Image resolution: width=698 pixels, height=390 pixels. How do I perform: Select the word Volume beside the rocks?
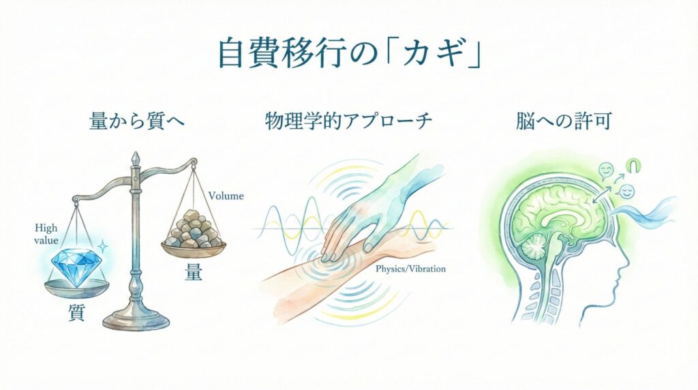point(226,196)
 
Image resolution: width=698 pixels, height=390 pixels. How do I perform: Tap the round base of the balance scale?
point(135,319)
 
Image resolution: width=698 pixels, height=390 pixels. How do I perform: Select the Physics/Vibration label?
point(410,269)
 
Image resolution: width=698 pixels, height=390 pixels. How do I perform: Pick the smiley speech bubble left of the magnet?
point(606,170)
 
